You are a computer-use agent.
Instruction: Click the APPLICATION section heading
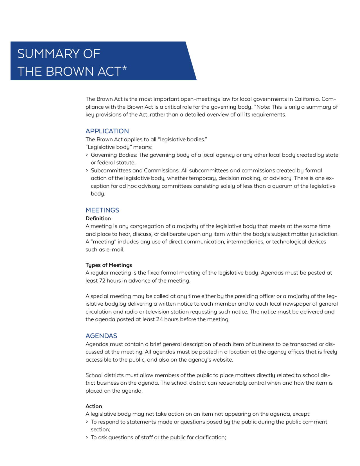pyautogui.click(x=107, y=131)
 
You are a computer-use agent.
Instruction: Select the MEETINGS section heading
pyautogui.click(x=102, y=210)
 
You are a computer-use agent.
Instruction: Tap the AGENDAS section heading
pyautogui.click(x=101, y=336)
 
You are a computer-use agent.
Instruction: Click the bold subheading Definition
pyautogui.click(x=98, y=218)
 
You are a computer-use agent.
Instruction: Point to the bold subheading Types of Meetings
pyautogui.click(x=109, y=265)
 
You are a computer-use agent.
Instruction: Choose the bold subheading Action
pyautogui.click(x=94, y=406)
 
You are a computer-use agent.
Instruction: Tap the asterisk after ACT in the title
pyautogui.click(x=125, y=68)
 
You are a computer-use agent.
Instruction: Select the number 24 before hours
pyautogui.click(x=159, y=319)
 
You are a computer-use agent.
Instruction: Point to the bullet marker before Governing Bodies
pyautogui.click(x=87, y=155)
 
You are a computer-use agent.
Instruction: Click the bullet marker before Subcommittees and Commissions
pyautogui.click(x=87, y=171)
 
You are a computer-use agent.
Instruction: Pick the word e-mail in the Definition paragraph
pyautogui.click(x=115, y=250)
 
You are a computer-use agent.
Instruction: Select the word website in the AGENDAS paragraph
pyautogui.click(x=222, y=360)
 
